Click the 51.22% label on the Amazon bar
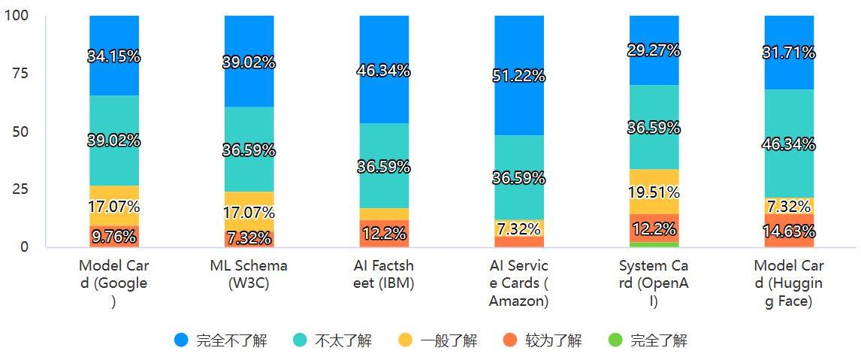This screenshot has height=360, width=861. pos(518,76)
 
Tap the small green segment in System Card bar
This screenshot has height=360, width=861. pos(654,244)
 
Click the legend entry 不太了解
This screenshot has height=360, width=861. pos(331,340)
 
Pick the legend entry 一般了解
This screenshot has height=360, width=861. pos(437,340)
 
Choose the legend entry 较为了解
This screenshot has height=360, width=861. pos(542,340)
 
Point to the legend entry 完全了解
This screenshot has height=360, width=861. pos(648,340)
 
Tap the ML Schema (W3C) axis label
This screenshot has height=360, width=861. pos(249,274)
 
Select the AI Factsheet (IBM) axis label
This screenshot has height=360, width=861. pos(384,274)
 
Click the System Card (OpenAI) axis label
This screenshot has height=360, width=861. pos(654,283)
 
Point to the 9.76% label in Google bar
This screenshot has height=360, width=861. pos(113,237)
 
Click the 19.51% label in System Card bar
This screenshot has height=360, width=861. pos(654,192)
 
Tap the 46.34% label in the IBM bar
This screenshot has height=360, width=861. pos(384,71)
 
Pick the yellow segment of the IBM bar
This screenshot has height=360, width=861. pos(384,213)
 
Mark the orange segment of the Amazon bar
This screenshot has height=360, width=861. pos(518,241)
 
